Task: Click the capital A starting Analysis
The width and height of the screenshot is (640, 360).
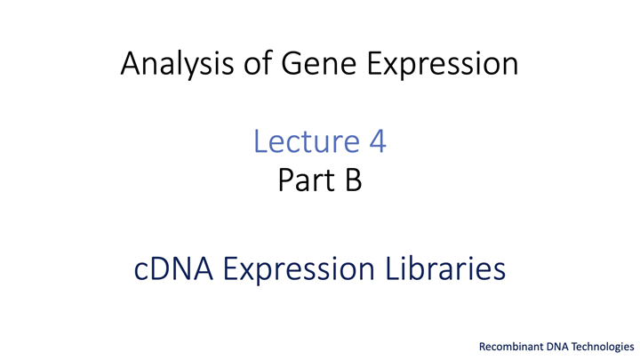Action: [131, 63]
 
